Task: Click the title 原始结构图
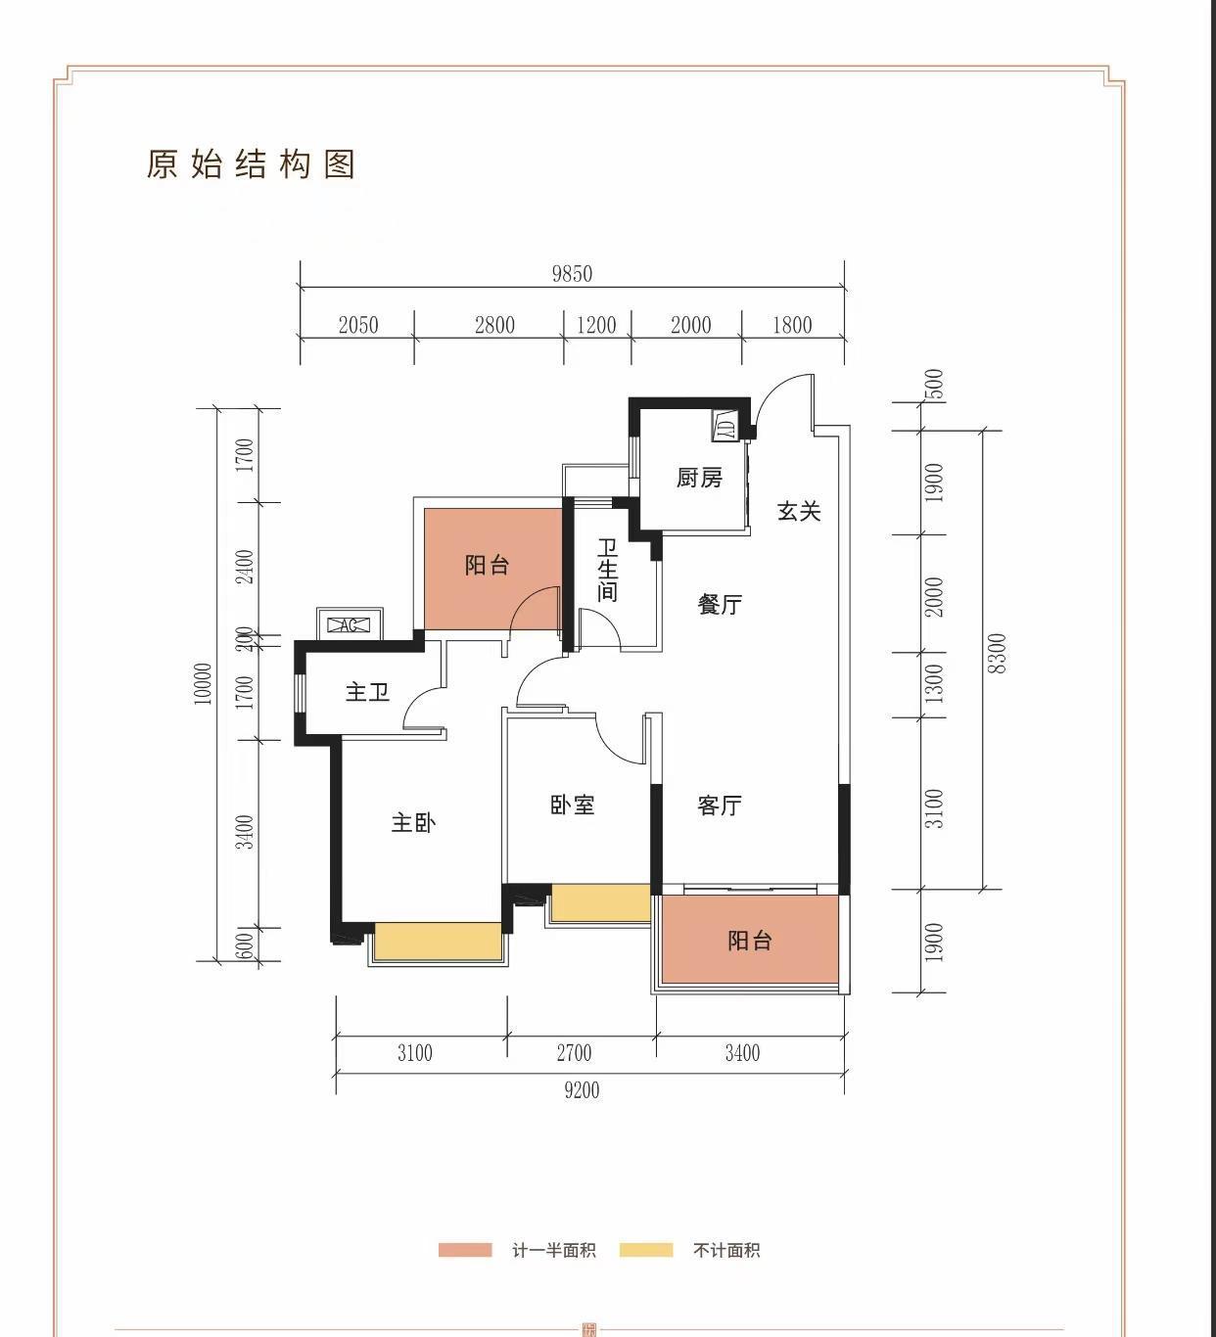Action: pos(251,164)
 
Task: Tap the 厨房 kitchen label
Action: pos(699,478)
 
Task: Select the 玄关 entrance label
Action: pos(799,511)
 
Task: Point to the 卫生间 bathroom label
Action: pos(607,570)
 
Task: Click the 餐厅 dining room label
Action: pos(720,605)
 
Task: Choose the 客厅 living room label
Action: pos(720,806)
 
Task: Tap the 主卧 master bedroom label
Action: pos(413,822)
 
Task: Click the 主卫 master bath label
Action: pos(367,692)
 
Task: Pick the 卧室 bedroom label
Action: pos(572,805)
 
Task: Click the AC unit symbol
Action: pos(350,624)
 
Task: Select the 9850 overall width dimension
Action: pos(572,274)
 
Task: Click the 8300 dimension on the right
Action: pos(996,654)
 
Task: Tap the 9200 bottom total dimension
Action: pos(582,1090)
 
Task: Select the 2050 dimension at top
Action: pos(358,325)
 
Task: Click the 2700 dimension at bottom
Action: pos(574,1053)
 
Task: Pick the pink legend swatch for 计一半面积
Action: pos(465,1250)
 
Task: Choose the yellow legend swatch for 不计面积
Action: pos(646,1250)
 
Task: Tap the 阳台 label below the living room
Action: pos(750,941)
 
